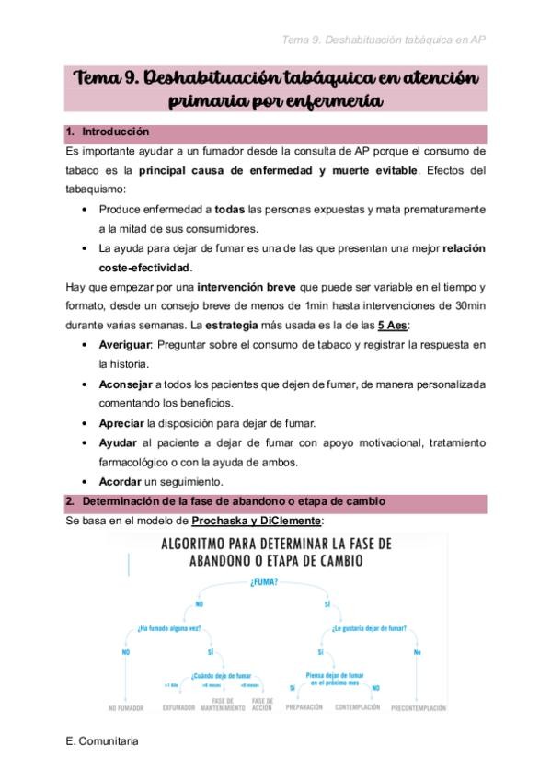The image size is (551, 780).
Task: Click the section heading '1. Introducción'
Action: [114, 132]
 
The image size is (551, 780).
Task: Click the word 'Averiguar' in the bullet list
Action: [126, 345]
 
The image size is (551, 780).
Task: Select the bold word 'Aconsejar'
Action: [127, 384]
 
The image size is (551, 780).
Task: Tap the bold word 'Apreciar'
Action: [121, 423]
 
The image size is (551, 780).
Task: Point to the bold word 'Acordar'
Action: [121, 481]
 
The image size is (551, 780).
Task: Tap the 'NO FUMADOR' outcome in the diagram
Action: [125, 707]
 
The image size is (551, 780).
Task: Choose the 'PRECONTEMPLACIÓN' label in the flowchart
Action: [419, 707]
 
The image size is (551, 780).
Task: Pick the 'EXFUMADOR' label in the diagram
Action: [178, 707]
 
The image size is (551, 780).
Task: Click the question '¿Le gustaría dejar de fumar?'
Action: [369, 629]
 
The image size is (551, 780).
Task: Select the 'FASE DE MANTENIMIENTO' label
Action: [222, 704]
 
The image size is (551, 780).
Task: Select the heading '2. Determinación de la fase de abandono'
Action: [232, 501]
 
